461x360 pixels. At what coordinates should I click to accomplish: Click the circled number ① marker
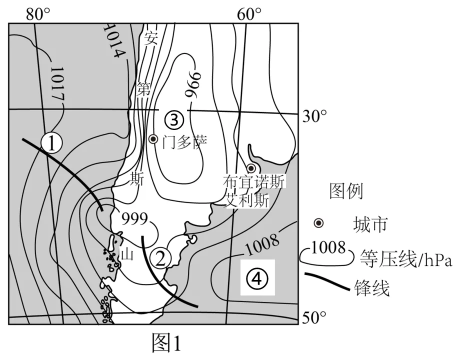(x=52, y=143)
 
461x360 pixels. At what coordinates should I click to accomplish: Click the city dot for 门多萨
(x=153, y=139)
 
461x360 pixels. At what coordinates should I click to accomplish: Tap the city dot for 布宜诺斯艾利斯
(x=251, y=168)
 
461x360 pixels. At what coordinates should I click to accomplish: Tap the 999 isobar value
(x=134, y=218)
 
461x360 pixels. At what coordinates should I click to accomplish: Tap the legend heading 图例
(x=346, y=190)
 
